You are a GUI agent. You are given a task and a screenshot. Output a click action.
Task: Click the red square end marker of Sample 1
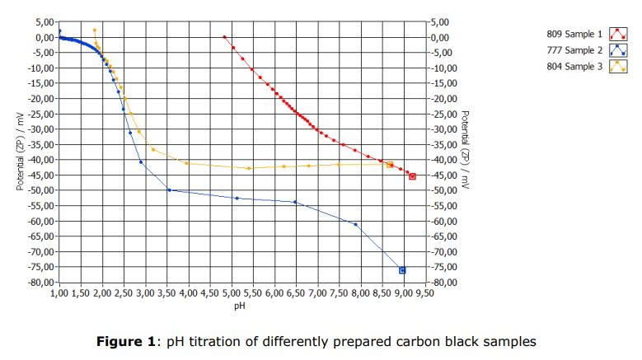[412, 176]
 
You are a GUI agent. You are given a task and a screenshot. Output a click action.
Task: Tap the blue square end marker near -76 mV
[402, 270]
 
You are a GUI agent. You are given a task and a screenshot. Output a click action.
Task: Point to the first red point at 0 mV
[225, 37]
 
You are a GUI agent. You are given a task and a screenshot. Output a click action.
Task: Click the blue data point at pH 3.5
[169, 190]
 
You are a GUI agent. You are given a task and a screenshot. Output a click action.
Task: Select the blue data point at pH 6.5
[294, 202]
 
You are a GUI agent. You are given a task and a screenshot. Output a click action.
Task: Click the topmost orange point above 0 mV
[95, 30]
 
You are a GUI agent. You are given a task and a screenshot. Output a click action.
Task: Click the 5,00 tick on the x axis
[232, 292]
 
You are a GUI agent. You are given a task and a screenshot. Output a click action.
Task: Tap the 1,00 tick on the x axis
[59, 292]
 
